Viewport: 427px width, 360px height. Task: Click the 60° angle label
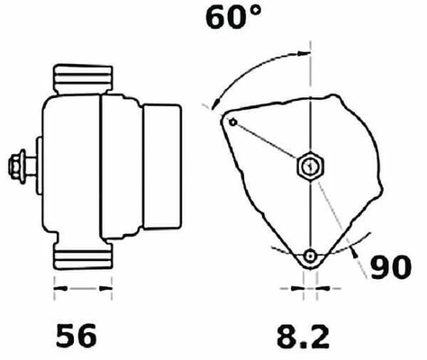(233, 18)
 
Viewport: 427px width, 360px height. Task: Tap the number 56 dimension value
(77, 336)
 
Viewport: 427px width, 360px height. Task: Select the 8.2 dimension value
(303, 336)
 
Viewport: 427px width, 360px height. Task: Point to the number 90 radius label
(391, 266)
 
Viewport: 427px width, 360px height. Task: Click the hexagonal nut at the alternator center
(311, 166)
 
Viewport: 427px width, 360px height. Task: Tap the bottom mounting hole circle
(310, 256)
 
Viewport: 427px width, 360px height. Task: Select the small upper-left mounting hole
(233, 122)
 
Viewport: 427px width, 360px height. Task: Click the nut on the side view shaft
(17, 166)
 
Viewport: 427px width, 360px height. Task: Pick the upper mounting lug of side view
(83, 79)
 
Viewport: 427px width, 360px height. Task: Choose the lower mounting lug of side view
(83, 255)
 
